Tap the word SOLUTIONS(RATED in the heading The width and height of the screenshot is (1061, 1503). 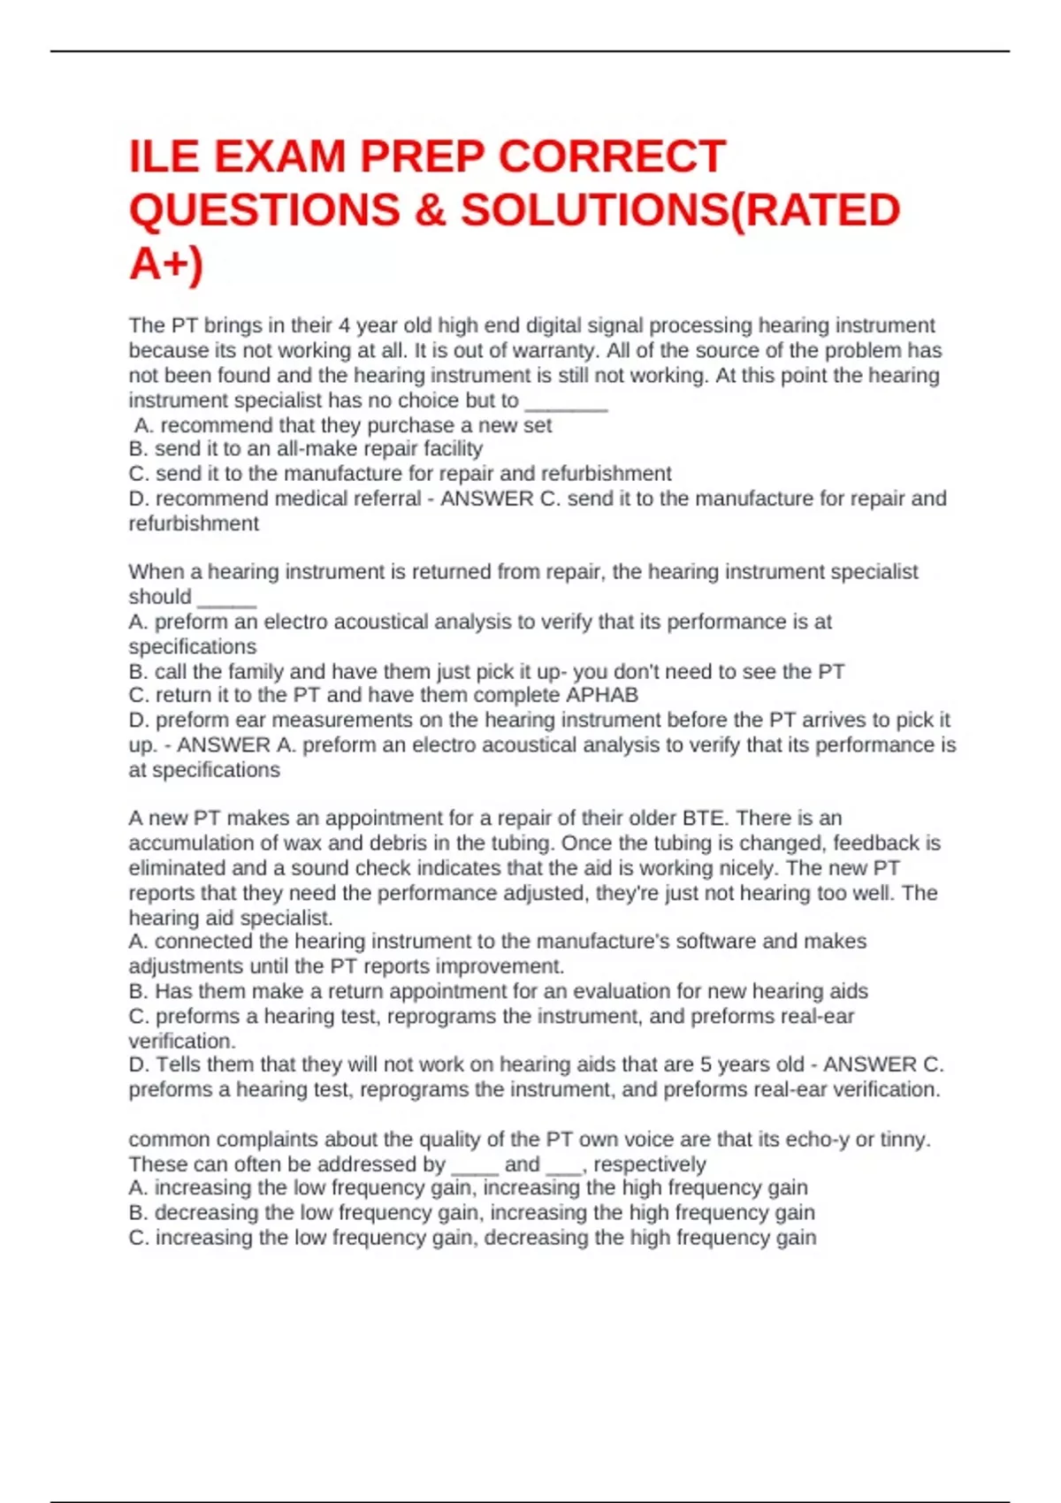[680, 210]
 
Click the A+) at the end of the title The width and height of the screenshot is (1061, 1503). [165, 263]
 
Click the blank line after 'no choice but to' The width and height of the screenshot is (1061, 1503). [566, 402]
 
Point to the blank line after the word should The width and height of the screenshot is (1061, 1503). [226, 599]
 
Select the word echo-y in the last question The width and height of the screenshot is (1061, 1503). [816, 1140]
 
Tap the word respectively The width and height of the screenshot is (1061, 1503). [650, 1164]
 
